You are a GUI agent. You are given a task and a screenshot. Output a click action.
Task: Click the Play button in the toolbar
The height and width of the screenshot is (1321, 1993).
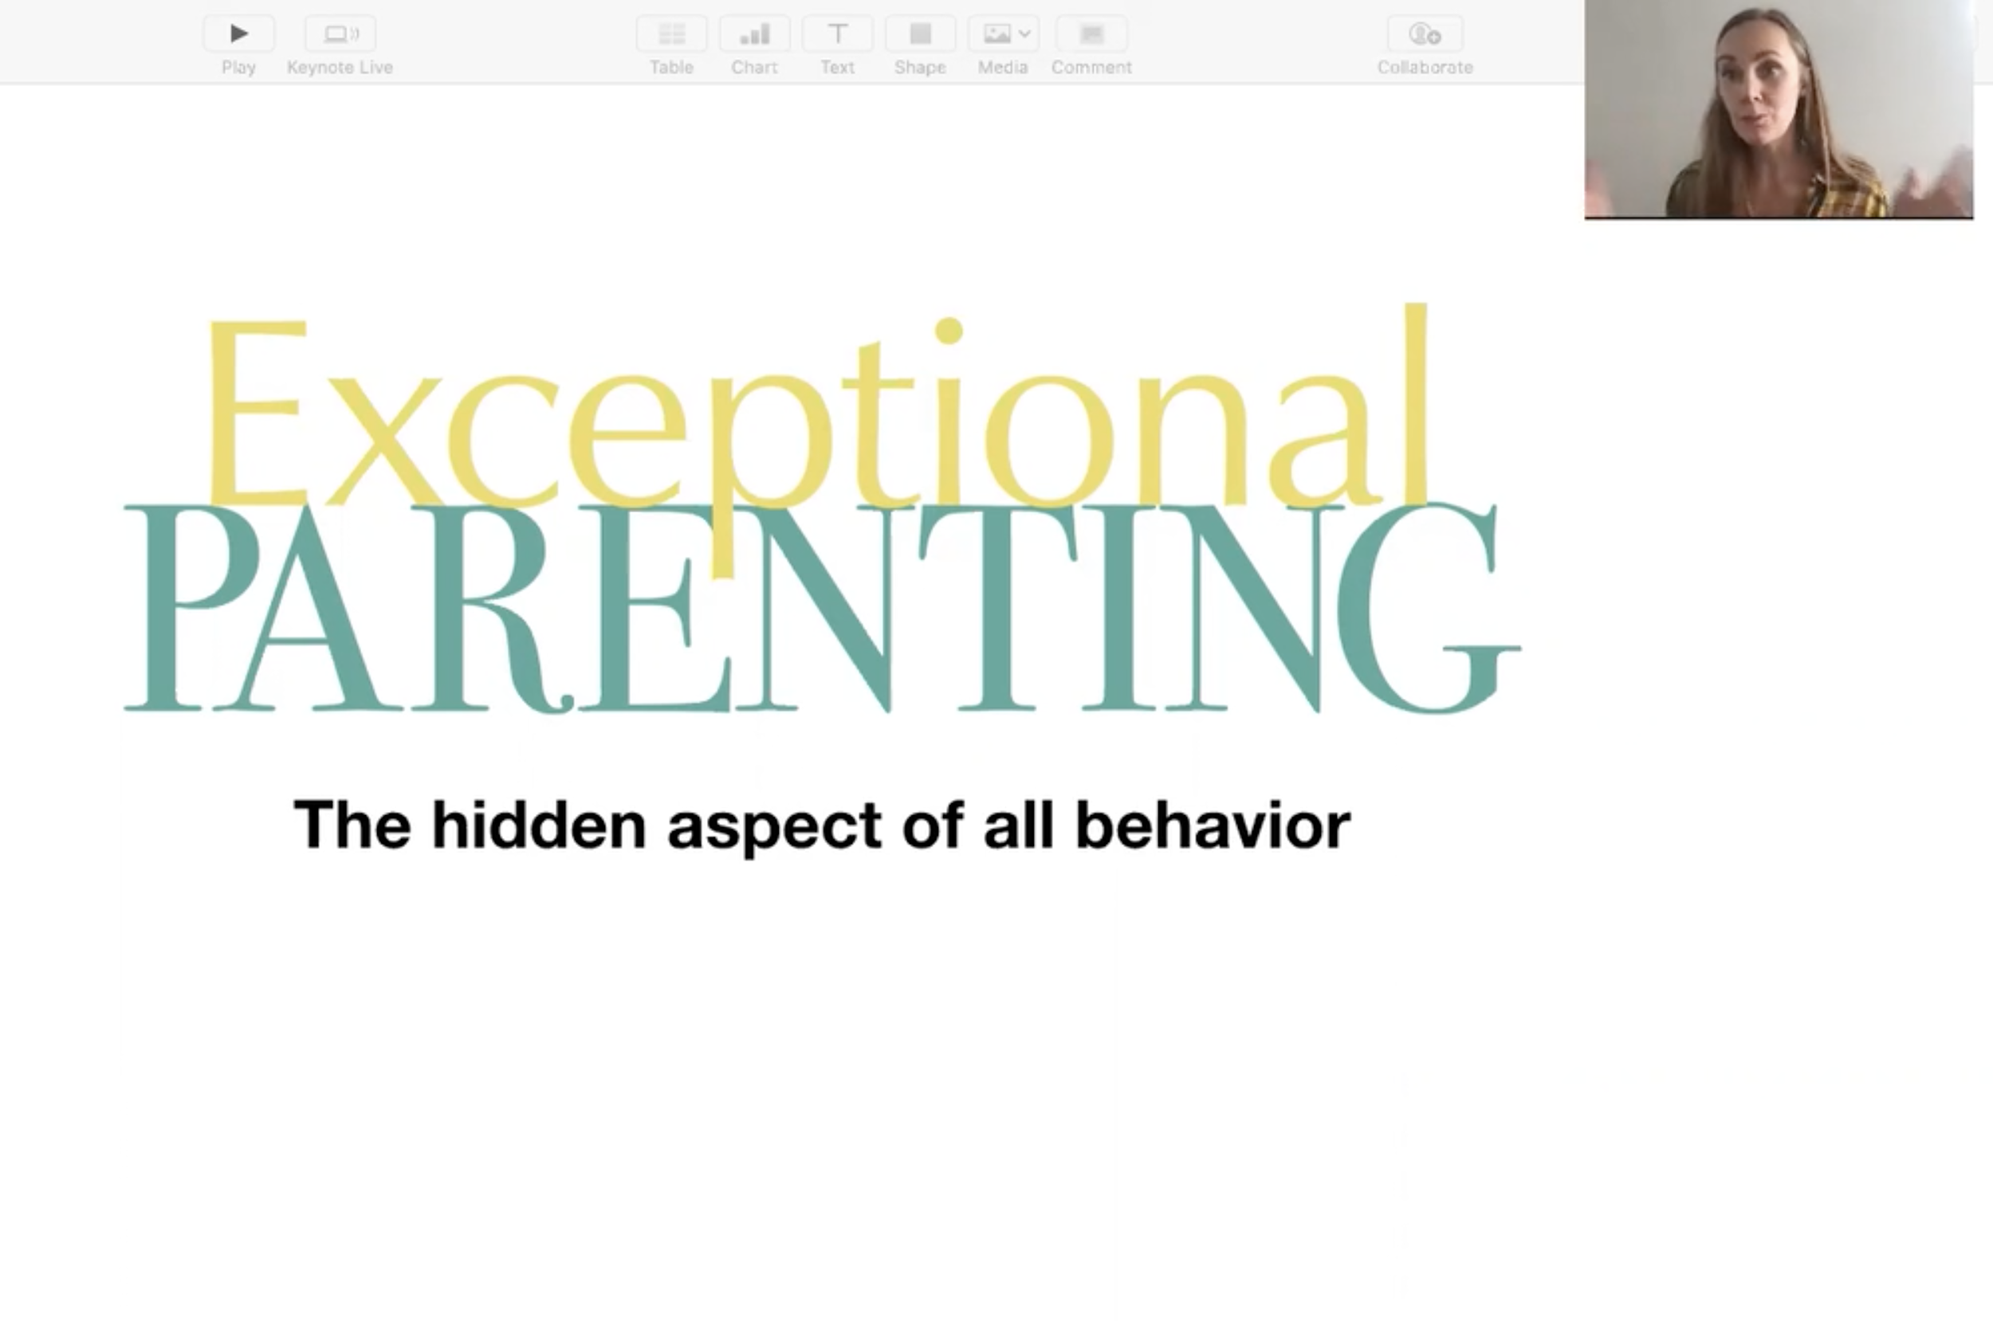238,33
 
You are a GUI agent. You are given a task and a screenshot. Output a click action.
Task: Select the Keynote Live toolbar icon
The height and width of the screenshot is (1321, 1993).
340,33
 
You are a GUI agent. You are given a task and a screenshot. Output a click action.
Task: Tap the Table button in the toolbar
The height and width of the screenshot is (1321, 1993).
671,33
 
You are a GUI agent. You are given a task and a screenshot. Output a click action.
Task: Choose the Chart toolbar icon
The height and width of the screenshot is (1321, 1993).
754,33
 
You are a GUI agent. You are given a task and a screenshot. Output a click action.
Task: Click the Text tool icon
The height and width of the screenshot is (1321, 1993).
838,33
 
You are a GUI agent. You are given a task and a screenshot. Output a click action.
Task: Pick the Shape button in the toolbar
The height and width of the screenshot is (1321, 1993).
920,33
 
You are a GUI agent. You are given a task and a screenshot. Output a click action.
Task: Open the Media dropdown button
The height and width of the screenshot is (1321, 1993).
1003,33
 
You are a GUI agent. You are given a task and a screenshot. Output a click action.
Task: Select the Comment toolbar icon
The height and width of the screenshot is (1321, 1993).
1091,33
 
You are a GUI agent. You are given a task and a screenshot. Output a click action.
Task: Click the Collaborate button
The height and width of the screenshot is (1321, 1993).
1425,33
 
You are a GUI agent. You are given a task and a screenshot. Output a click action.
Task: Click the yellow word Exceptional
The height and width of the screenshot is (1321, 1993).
817,421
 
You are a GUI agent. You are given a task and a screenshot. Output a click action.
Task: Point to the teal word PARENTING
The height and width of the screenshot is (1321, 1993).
822,607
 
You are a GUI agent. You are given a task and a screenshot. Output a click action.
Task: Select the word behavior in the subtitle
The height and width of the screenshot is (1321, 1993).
1213,825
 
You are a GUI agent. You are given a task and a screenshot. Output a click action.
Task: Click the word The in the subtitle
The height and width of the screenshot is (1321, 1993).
352,825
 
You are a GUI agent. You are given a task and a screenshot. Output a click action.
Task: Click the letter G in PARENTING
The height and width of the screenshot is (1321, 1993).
1429,607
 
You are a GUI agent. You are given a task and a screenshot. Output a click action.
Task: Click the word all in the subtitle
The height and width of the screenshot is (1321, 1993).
1018,825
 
